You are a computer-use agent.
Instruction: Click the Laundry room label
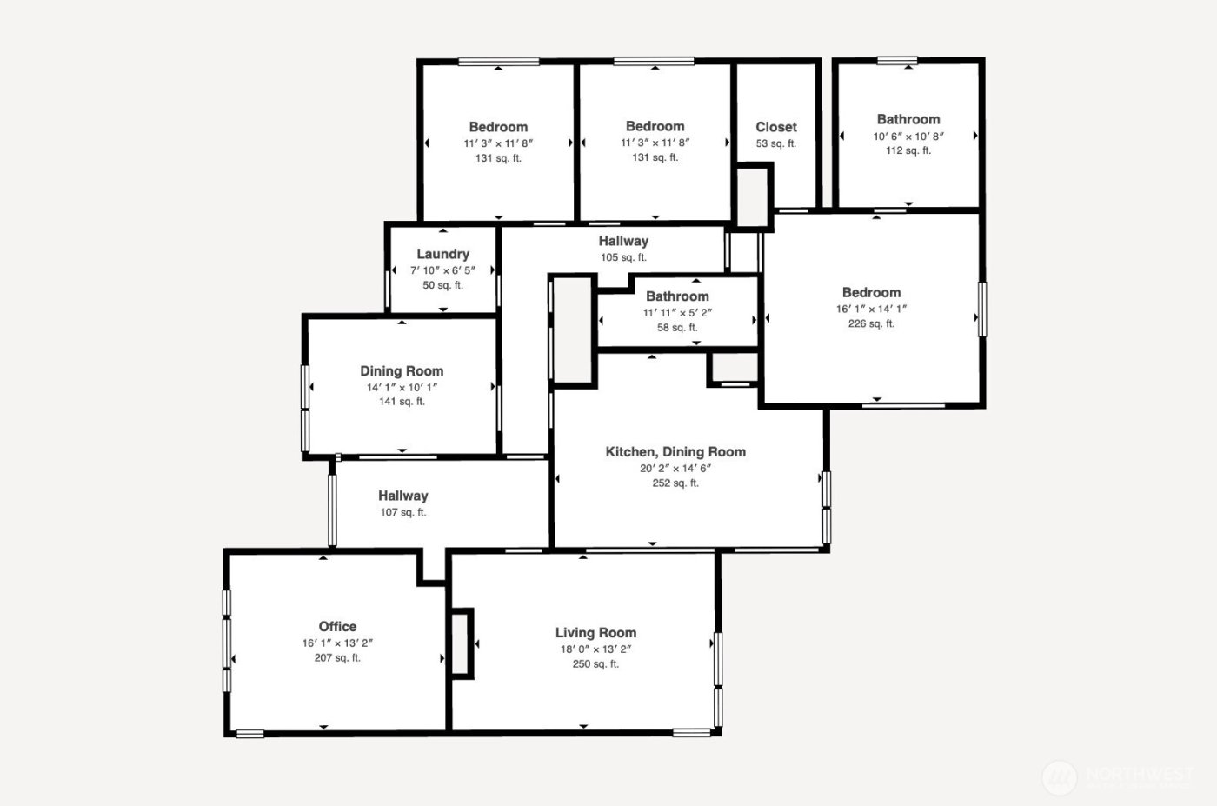point(442,254)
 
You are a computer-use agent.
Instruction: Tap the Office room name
point(337,626)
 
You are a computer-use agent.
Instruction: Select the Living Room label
point(595,632)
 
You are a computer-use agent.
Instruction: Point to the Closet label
point(775,127)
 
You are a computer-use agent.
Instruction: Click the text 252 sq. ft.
point(675,483)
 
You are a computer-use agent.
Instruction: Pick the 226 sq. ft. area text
point(871,323)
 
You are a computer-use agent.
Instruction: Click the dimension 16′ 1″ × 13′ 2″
point(337,643)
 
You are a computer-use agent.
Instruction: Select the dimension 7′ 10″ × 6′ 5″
point(442,270)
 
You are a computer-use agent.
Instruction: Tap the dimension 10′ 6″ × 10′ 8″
point(908,136)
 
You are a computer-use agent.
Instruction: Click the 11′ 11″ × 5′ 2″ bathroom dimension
point(677,313)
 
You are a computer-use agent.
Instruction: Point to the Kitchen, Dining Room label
point(675,451)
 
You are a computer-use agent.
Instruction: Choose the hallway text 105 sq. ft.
point(623,257)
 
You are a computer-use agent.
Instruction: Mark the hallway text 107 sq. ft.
point(402,512)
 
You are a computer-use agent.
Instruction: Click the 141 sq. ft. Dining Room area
point(402,402)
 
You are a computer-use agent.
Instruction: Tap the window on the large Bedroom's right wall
point(982,309)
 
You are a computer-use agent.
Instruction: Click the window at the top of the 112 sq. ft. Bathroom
point(897,61)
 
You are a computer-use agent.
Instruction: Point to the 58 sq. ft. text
point(677,328)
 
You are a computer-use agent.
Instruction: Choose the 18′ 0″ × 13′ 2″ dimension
point(595,649)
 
